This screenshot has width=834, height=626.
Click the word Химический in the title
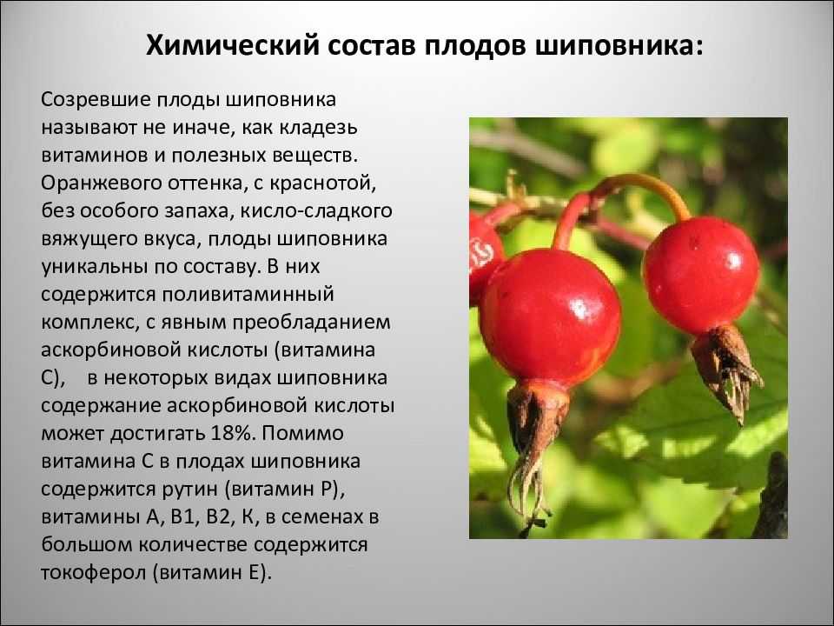coord(233,46)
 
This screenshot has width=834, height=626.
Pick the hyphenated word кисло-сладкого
coord(316,211)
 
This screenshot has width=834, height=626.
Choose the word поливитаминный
coord(248,295)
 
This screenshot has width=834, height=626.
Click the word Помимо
coord(302,433)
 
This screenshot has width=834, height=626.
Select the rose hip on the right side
coord(701,274)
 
